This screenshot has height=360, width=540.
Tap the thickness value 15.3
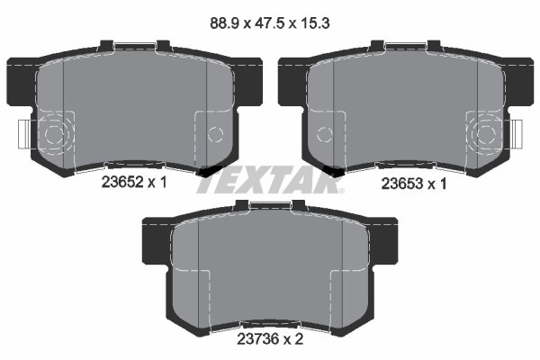[311, 27]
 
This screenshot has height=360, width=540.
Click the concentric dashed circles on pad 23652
[55, 136]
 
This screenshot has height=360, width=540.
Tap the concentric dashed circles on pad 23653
[485, 136]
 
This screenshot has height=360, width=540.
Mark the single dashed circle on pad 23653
[326, 135]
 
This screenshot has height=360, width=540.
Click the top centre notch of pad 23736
[270, 207]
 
